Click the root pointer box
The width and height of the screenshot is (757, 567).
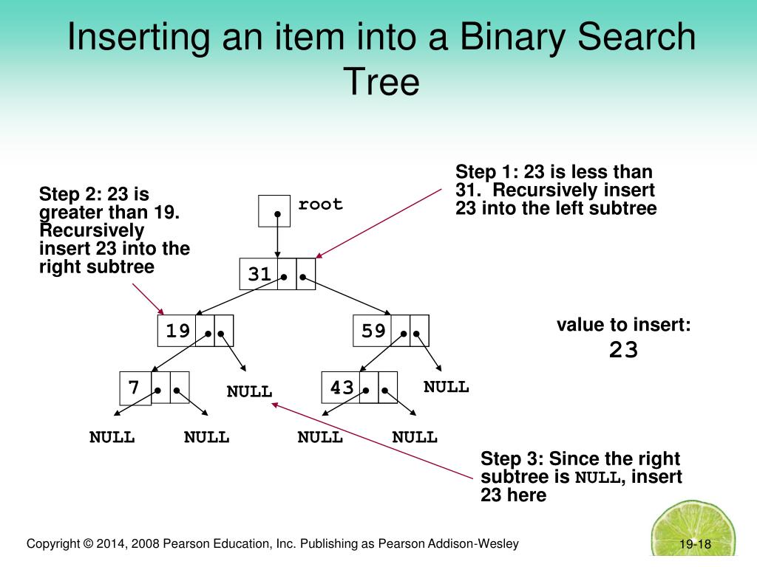pyautogui.click(x=274, y=210)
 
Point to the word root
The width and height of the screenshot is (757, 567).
pyautogui.click(x=321, y=204)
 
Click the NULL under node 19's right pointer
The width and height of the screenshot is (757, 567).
pyautogui.click(x=249, y=391)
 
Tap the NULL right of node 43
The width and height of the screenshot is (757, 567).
pyautogui.click(x=446, y=387)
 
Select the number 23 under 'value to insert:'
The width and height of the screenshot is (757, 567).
pyautogui.click(x=623, y=350)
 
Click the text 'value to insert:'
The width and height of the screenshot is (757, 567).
pyautogui.click(x=623, y=325)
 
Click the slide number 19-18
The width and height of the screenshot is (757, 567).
pyautogui.click(x=695, y=545)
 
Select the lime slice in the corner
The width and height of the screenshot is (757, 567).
pyautogui.click(x=702, y=530)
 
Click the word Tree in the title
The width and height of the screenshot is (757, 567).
pyautogui.click(x=381, y=82)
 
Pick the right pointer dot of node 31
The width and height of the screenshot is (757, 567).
pyautogui.click(x=304, y=280)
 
